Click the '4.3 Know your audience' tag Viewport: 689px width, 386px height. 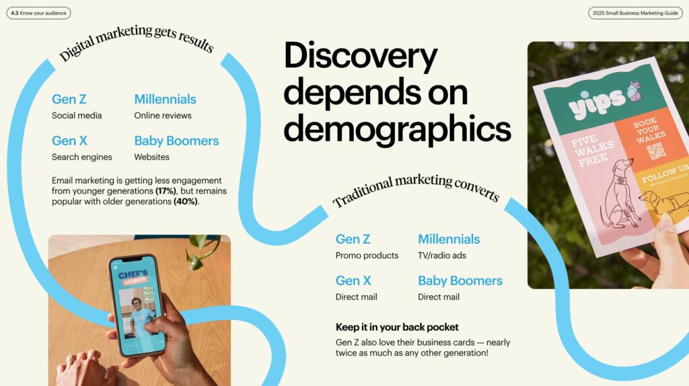click(38, 13)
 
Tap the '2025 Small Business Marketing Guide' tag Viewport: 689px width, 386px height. click(634, 13)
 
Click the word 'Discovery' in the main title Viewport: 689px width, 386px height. click(361, 57)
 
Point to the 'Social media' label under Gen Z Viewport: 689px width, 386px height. click(77, 116)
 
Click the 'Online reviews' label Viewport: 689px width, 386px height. click(163, 116)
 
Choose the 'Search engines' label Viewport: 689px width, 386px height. click(82, 157)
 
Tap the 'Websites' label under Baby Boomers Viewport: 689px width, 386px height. click(152, 157)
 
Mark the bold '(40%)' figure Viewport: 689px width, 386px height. click(186, 201)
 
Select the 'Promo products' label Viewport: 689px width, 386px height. click(367, 256)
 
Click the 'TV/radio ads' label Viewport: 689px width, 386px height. click(442, 256)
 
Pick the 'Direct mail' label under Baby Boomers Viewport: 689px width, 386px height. click(439, 297)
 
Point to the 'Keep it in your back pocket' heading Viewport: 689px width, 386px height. click(397, 327)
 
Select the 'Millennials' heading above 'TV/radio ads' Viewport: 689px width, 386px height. click(449, 239)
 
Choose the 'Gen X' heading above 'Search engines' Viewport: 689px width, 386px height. click(69, 141)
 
